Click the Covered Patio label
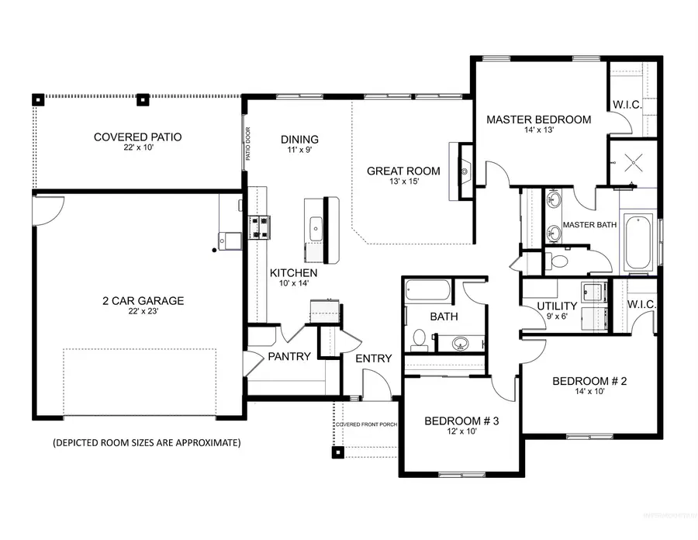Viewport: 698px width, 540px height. [x=137, y=137]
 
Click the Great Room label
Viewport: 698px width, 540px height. [x=403, y=171]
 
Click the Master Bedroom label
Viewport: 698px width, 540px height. [x=538, y=119]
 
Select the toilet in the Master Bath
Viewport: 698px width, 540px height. [x=556, y=261]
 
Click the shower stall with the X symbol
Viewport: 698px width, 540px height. [x=631, y=162]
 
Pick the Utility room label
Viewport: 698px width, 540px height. [x=557, y=306]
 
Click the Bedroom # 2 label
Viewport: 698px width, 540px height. [x=589, y=381]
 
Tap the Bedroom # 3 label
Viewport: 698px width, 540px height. [x=461, y=421]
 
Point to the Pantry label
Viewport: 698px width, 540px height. [x=289, y=357]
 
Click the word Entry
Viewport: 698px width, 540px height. [x=373, y=358]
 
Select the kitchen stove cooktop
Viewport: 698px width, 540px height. [x=258, y=227]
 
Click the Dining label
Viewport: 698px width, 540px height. [x=299, y=140]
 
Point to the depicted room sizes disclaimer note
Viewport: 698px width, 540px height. [x=147, y=443]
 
